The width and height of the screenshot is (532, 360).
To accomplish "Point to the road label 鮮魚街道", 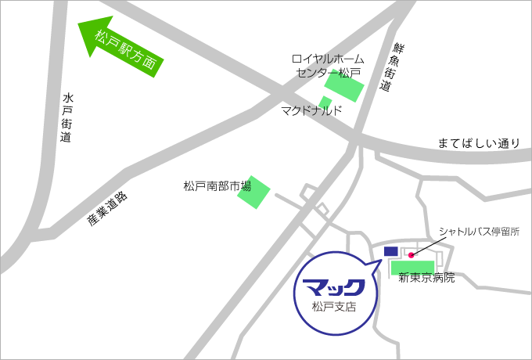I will pos(390,69).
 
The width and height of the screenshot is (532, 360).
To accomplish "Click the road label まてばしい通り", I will pos(478,143).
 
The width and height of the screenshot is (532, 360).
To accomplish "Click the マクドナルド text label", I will pos(311,111).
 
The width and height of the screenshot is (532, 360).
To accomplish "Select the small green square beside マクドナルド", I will pos(325,102).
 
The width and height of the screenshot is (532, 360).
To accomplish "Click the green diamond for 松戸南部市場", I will pos(253,192).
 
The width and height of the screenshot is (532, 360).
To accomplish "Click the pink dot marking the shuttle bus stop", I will pos(411,254).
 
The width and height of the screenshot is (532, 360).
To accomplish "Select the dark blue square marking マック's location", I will pos(391,251).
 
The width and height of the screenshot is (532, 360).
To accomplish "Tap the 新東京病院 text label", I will pos(426,278).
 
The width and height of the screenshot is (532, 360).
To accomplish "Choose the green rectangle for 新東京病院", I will pos(412,267).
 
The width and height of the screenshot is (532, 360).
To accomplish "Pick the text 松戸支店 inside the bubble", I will pos(333,307).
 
